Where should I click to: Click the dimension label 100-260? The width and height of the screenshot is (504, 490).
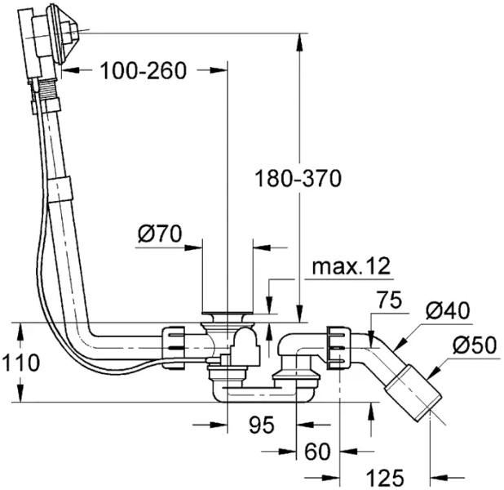point(144,70)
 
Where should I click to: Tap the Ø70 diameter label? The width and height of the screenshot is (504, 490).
point(159,234)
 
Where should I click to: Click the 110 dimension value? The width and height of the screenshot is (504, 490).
point(20,363)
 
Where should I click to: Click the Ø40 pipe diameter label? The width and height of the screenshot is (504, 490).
point(448,310)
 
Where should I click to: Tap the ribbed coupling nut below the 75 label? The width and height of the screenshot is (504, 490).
point(338,344)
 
